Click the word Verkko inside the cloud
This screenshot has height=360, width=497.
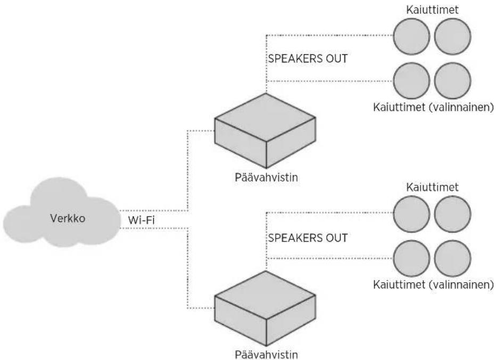[x=68, y=218]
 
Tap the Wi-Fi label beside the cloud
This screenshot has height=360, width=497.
[x=142, y=220]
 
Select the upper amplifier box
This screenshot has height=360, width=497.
[x=265, y=130]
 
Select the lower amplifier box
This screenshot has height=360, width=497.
[x=265, y=308]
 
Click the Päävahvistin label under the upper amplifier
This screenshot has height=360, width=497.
[x=266, y=177]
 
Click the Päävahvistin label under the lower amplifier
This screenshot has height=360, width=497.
[x=266, y=354]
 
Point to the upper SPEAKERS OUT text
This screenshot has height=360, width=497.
[x=308, y=59]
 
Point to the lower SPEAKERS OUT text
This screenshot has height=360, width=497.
[x=308, y=238]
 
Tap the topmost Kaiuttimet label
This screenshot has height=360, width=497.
[x=432, y=10]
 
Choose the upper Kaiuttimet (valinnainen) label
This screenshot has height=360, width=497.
[x=433, y=107]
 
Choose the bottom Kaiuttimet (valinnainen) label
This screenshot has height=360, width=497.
[x=433, y=284]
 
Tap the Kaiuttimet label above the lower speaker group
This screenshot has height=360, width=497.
[x=432, y=187]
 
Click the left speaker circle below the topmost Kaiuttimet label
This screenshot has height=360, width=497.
[x=411, y=36]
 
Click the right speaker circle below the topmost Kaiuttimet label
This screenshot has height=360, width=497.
[x=452, y=36]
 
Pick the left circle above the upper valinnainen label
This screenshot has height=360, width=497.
[x=411, y=80]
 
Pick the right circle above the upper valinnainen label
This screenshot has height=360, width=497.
[x=452, y=80]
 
